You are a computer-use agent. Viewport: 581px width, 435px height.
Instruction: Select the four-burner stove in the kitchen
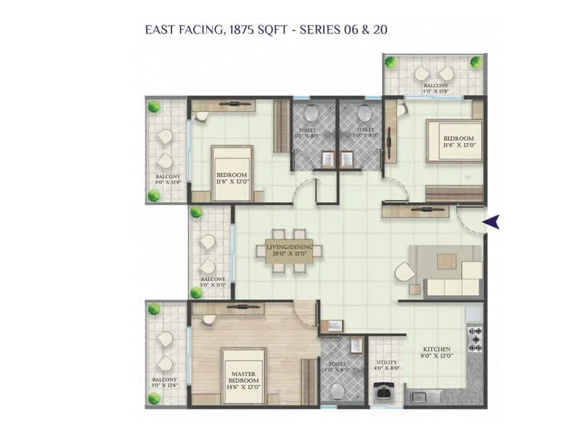pos(476,339)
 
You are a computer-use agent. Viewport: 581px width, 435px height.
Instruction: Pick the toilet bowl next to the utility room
pos(336,390)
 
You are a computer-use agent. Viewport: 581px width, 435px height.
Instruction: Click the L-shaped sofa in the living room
pos(450,279)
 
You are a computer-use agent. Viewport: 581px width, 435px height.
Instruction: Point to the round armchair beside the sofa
pos(404,274)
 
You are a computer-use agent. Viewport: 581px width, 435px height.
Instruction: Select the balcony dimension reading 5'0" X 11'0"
pos(214,286)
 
